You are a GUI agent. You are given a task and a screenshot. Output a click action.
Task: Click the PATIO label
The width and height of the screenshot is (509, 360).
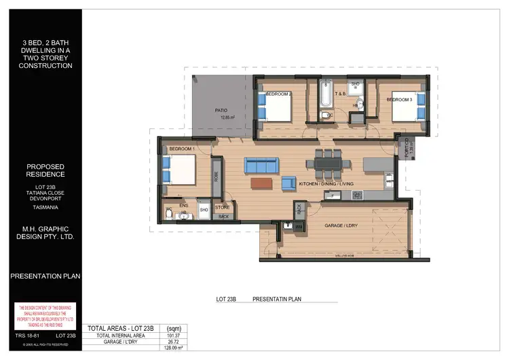pyautogui.click(x=221, y=109)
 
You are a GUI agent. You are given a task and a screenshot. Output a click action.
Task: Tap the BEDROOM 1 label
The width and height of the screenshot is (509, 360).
pyautogui.click(x=182, y=148)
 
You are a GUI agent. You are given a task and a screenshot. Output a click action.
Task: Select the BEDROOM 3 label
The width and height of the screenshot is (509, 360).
pyautogui.click(x=400, y=100)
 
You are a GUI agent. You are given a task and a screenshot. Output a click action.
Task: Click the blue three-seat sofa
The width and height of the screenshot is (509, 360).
pyautogui.click(x=262, y=166)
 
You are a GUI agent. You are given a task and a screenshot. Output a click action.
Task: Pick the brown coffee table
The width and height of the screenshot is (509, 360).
pyautogui.click(x=261, y=183)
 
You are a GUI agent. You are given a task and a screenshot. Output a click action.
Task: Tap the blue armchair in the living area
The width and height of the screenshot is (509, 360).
pyautogui.click(x=288, y=182)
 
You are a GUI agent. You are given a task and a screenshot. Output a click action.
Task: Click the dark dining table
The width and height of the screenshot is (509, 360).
pyautogui.click(x=328, y=164)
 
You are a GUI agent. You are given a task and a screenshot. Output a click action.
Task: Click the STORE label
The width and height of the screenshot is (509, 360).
pyautogui.click(x=223, y=207)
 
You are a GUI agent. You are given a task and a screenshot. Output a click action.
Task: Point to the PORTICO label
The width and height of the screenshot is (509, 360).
pyautogui.click(x=406, y=148)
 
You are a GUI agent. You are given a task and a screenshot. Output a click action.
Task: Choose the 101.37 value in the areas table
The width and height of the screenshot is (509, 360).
pyautogui.click(x=172, y=335)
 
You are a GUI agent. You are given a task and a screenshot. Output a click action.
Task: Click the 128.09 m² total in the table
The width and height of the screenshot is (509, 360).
pyautogui.click(x=172, y=347)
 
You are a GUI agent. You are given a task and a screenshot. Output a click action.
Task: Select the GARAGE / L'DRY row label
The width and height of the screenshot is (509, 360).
pyautogui.click(x=121, y=341)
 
